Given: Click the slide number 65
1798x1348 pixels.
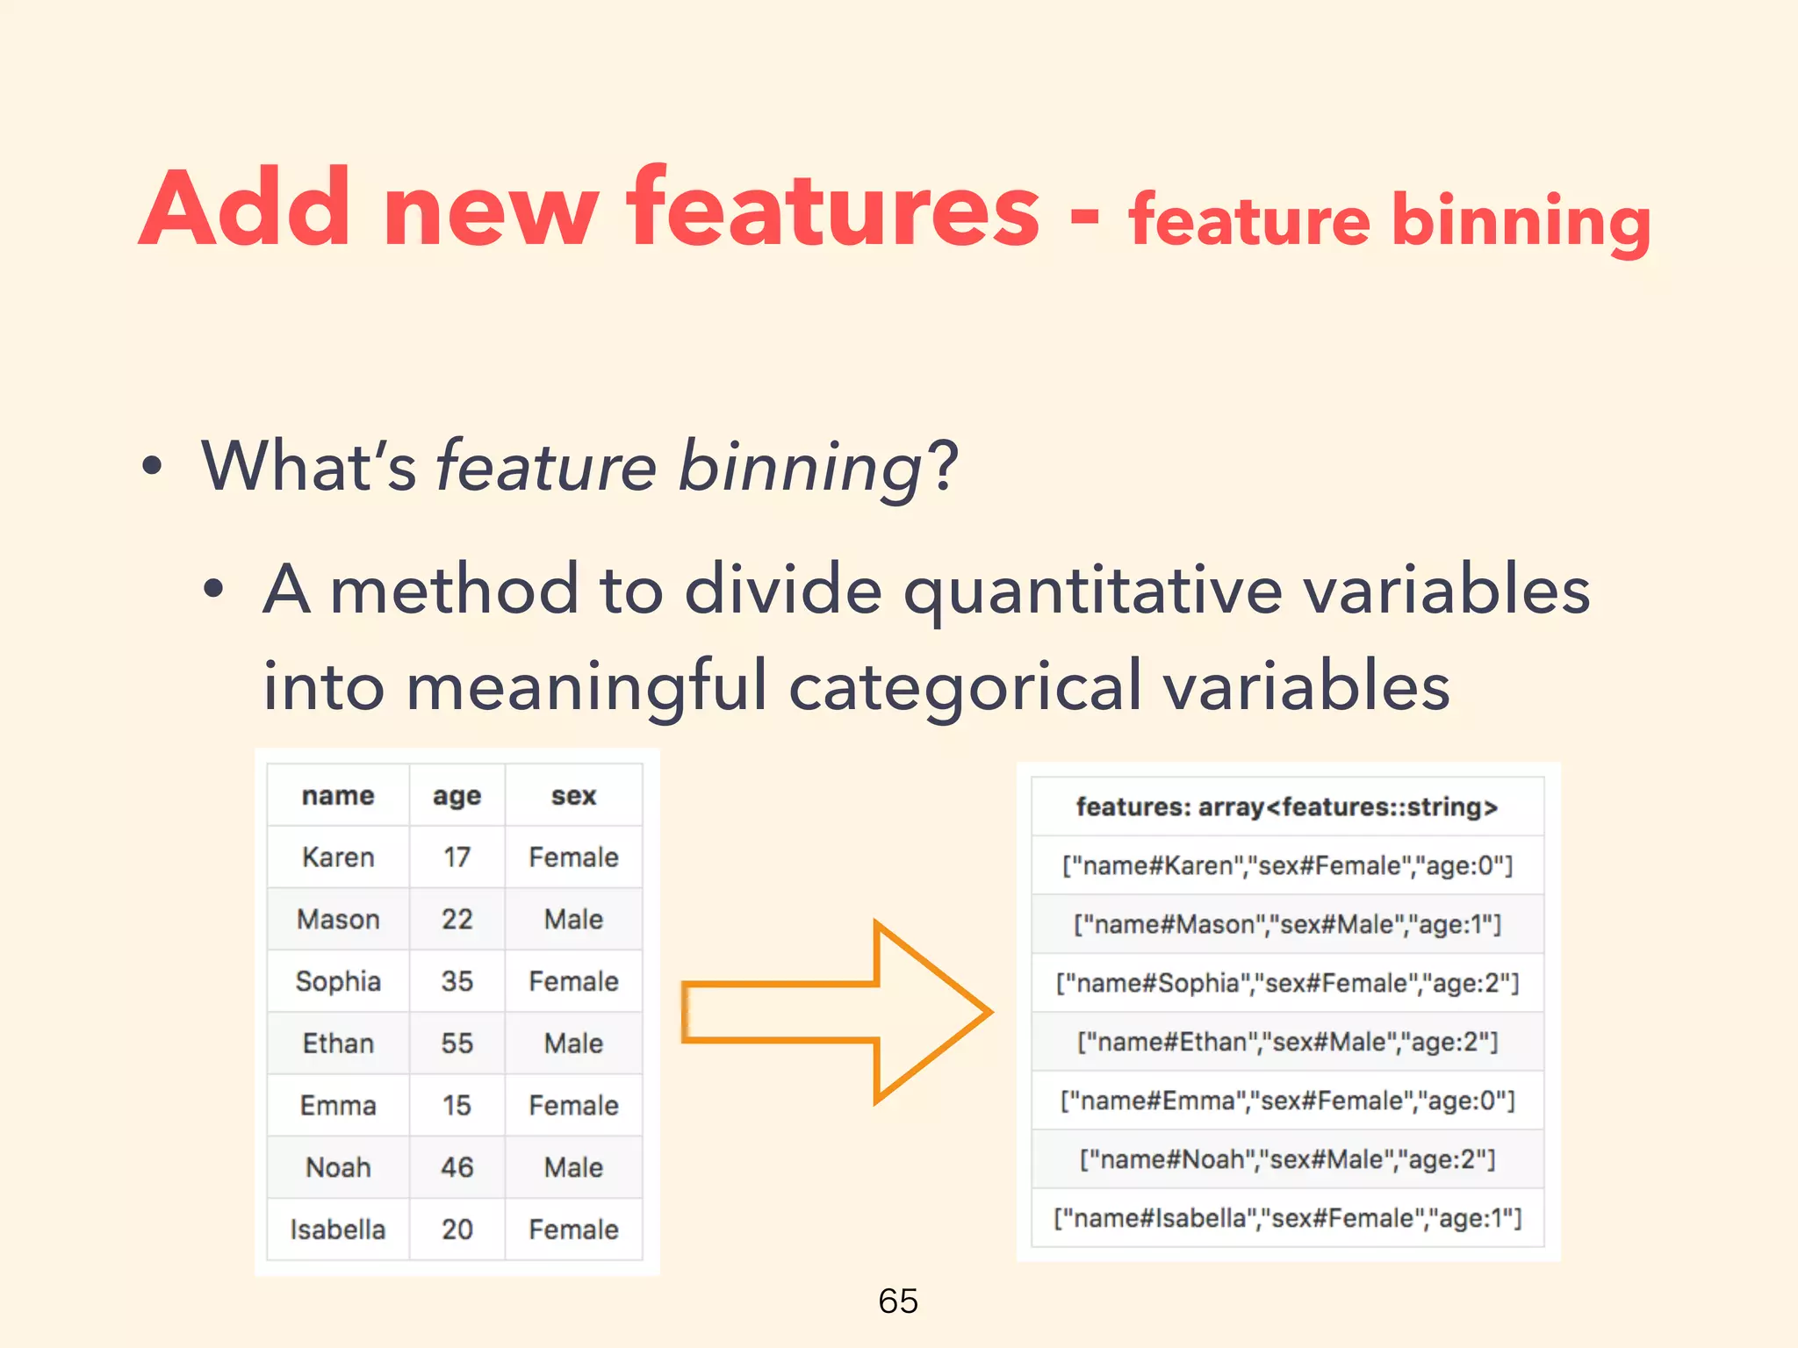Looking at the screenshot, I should (897, 1301).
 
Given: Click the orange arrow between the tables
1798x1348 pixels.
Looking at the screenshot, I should (834, 1013).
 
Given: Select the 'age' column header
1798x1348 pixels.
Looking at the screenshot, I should (457, 796).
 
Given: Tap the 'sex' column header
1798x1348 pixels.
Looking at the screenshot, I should (573, 796).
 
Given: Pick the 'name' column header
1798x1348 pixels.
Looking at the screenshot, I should (338, 796).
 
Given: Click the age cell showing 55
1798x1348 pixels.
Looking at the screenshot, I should (457, 1043).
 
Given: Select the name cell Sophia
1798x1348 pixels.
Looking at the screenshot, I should (338, 981).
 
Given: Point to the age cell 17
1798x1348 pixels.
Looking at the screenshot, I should (457, 857).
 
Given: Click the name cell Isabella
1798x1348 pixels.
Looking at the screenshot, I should (338, 1230).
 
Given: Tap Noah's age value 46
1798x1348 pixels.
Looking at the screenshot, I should (457, 1167).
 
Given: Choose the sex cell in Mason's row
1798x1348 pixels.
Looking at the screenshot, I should (573, 920).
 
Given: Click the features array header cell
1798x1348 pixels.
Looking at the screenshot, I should (1287, 807).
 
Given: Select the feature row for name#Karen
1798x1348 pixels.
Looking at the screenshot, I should (1287, 866).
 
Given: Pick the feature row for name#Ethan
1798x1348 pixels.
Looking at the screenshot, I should (1287, 1043).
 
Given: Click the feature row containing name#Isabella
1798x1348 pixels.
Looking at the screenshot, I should (1287, 1219).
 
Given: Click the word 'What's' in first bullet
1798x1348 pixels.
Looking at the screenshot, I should (308, 466).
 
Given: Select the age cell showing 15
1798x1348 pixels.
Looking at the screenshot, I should (457, 1106).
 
